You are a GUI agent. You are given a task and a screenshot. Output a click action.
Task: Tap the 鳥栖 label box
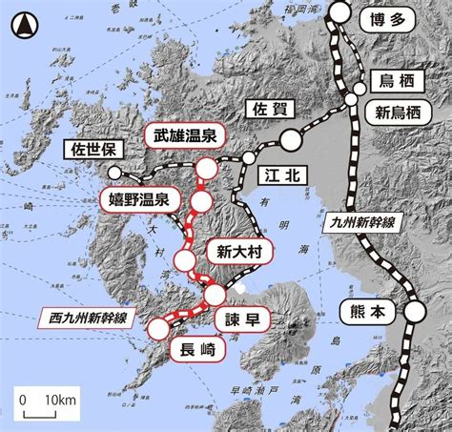click(398, 81)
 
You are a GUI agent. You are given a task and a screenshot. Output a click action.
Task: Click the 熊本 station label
click(363, 312)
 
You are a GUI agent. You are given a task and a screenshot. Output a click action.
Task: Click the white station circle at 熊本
click(414, 311)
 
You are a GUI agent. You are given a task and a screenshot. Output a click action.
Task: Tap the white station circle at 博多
click(341, 12)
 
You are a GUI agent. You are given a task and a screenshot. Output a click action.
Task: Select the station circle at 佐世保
click(115, 173)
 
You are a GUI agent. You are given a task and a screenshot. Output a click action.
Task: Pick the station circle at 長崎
click(157, 329)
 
